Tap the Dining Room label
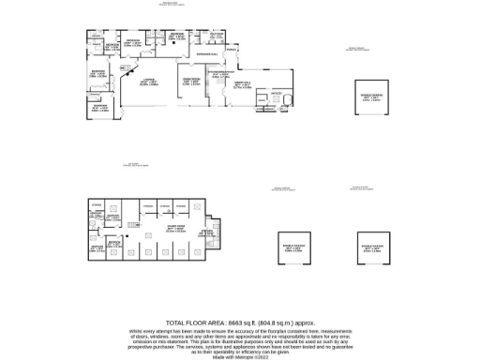[x=189, y=80]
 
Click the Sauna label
[x=277, y=95]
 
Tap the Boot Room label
[x=217, y=35]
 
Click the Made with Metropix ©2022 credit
[x=240, y=356]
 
